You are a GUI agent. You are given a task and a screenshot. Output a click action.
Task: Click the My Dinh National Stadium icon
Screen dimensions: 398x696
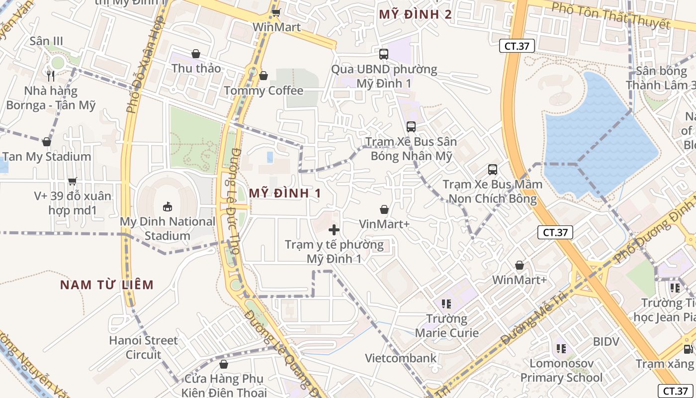pyautogui.click(x=168, y=206)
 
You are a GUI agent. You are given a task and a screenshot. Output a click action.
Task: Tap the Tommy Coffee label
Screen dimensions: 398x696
pyautogui.click(x=263, y=91)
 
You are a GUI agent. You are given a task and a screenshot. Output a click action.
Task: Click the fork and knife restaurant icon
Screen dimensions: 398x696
pyautogui.click(x=50, y=76)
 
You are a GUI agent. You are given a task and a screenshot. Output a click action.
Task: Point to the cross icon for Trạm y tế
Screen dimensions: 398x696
pyautogui.click(x=334, y=230)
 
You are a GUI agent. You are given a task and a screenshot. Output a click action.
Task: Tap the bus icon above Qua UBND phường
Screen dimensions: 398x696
pyautogui.click(x=383, y=54)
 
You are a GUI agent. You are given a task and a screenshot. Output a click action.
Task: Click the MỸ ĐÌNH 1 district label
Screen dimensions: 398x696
pyautogui.click(x=285, y=194)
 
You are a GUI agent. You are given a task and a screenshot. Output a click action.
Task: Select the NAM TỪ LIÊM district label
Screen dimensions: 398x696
pyautogui.click(x=107, y=285)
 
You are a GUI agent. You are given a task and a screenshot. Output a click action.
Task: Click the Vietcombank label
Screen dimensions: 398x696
pyautogui.click(x=401, y=358)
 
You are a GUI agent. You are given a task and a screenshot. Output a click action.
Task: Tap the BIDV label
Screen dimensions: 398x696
pyautogui.click(x=606, y=342)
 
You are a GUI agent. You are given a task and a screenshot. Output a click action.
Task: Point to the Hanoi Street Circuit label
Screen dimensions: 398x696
pyautogui.click(x=144, y=347)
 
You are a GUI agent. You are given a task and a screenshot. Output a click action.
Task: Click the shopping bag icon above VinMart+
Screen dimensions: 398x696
pyautogui.click(x=384, y=209)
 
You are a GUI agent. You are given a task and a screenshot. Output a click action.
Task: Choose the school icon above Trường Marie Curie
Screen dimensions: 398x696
pyautogui.click(x=446, y=303)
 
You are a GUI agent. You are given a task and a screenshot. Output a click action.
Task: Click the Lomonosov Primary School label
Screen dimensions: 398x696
pyautogui.click(x=561, y=371)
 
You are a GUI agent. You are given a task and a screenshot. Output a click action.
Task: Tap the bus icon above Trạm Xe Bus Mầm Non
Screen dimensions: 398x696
pyautogui.click(x=492, y=170)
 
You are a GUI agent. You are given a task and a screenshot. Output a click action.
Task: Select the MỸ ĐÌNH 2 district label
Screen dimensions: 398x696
pyautogui.click(x=415, y=14)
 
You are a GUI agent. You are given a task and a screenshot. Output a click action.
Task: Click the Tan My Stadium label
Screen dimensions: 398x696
pyautogui.click(x=47, y=157)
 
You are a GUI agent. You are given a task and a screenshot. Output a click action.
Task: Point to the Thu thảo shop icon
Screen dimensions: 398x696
pyautogui.click(x=196, y=54)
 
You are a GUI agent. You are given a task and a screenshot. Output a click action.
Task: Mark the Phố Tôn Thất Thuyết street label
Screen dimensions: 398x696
pyautogui.click(x=611, y=15)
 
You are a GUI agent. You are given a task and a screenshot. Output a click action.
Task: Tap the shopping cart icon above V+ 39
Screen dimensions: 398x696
pyautogui.click(x=73, y=181)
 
